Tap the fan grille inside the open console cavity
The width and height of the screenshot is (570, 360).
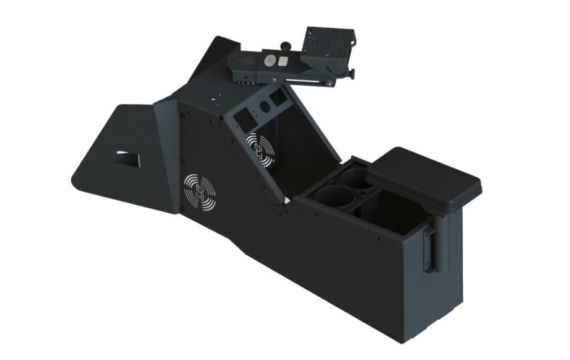coord(261,149)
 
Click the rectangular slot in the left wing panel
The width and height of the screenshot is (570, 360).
coord(129,158)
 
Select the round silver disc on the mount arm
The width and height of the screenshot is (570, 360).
coord(270,61)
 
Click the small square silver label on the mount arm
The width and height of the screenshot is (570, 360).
coord(283,61)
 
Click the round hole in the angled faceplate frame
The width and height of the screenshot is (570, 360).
coord(265,107)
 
